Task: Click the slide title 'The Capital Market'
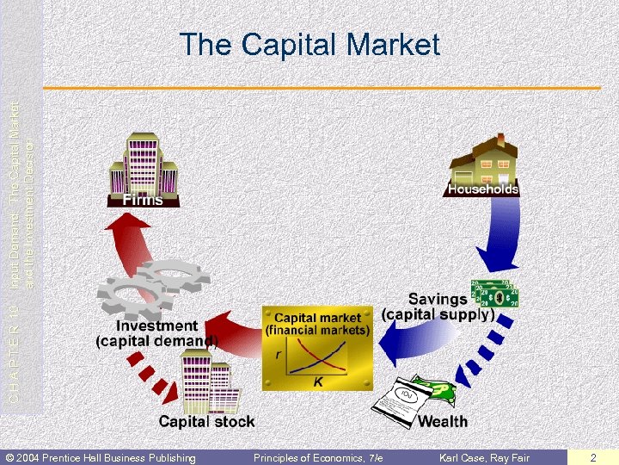tap(309, 45)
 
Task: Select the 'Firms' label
tap(143, 200)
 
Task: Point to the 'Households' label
tap(482, 189)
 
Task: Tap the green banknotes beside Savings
tap(494, 294)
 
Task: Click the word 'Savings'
tap(438, 300)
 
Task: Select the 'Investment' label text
tap(156, 326)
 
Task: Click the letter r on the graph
tap(278, 354)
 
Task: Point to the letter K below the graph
tap(317, 381)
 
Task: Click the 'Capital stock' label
tap(206, 421)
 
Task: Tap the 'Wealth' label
tap(443, 421)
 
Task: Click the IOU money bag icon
tap(404, 398)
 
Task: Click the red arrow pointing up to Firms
tap(128, 241)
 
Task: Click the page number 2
tap(592, 457)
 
